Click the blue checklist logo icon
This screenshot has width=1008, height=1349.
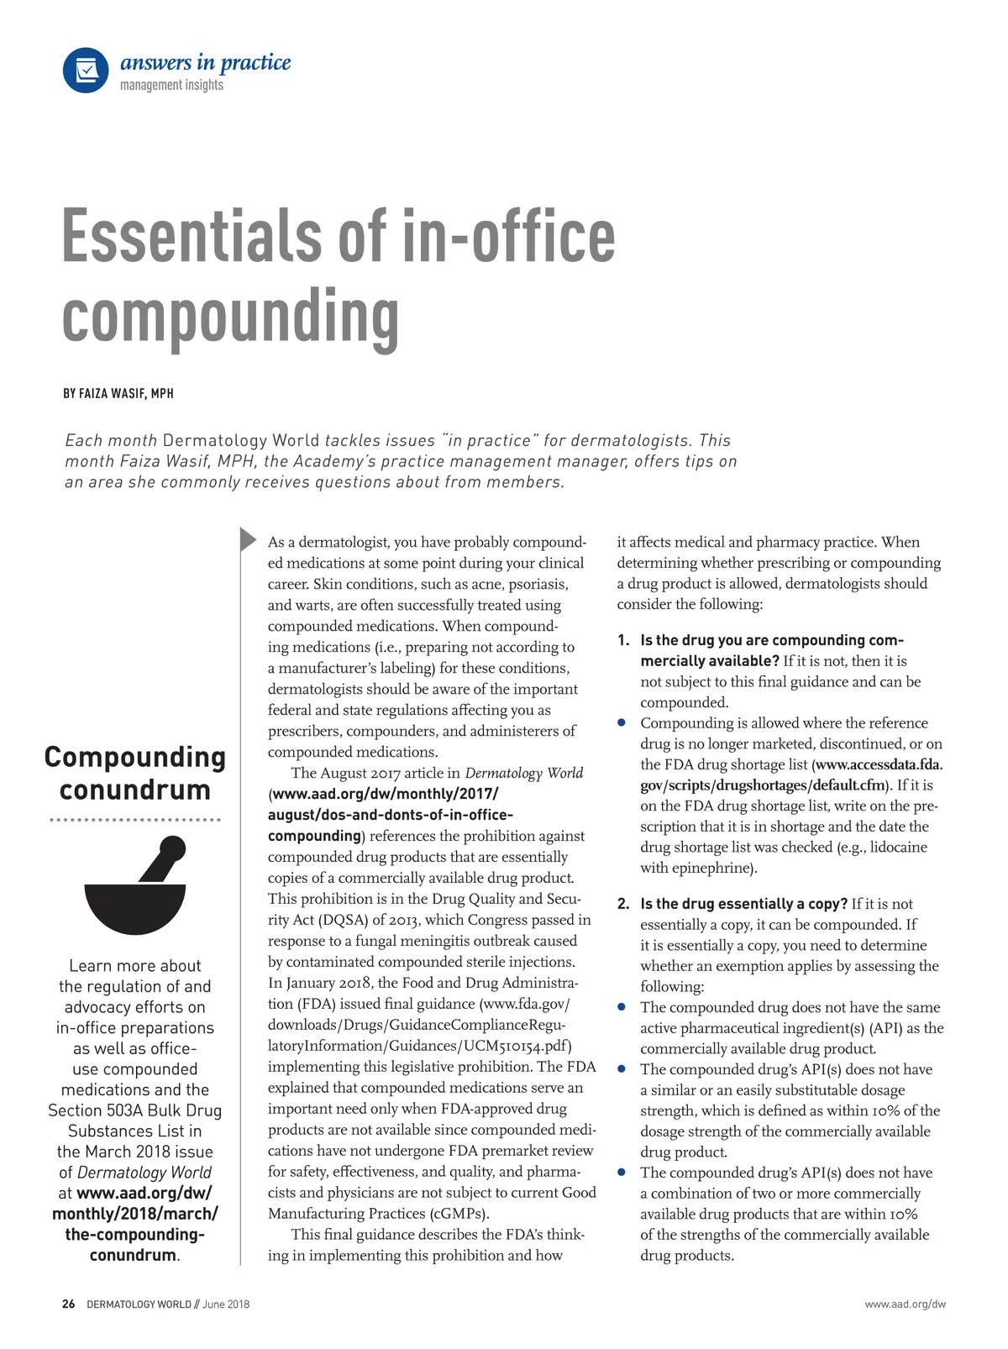[86, 71]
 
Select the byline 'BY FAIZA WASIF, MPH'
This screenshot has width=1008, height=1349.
[118, 393]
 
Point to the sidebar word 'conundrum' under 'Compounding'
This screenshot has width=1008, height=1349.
[135, 790]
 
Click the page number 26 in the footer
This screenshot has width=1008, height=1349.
[68, 1304]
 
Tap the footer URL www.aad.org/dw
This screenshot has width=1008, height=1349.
[905, 1304]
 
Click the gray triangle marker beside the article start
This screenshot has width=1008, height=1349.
[248, 539]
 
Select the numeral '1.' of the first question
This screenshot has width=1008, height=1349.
[623, 640]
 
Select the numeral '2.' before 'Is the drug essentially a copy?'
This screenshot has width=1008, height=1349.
[623, 904]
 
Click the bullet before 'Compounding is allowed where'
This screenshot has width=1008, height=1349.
[622, 722]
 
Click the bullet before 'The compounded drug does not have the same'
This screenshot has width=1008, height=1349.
[622, 1006]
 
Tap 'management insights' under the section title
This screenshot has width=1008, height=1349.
[171, 86]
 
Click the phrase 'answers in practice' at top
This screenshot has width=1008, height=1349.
[206, 62]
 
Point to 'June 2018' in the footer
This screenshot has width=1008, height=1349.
[226, 1304]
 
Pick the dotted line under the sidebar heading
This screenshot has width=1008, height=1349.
[135, 820]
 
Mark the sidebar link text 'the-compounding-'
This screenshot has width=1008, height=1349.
[135, 1234]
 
